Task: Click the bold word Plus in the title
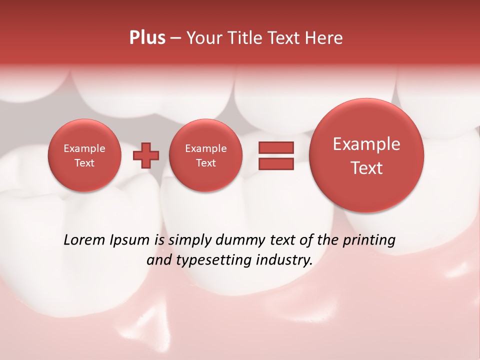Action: click(x=147, y=38)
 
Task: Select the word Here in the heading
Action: click(x=325, y=38)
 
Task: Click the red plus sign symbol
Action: click(x=146, y=155)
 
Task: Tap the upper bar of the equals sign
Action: click(x=275, y=147)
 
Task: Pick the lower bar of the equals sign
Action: click(x=275, y=164)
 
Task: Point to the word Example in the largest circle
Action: click(x=366, y=144)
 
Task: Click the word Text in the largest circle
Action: click(x=366, y=168)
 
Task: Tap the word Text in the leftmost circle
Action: click(x=84, y=163)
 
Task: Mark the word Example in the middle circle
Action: click(x=205, y=148)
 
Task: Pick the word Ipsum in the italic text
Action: click(x=129, y=240)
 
